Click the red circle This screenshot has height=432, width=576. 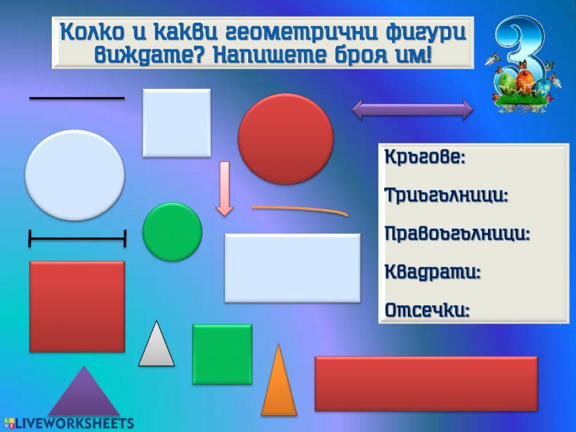286,138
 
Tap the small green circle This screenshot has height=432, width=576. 172,232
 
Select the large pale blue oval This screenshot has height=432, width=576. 75,175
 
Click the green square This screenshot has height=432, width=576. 222,354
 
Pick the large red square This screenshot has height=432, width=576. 77,306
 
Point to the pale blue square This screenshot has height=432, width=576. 176,122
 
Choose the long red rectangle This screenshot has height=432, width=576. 426,383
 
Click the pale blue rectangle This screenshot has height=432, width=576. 292,268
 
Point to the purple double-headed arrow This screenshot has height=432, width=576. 412,109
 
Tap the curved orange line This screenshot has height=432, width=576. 300,209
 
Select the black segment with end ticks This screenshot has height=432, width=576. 77,238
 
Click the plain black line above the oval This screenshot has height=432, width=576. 77,98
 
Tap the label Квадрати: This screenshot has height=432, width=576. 432,272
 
